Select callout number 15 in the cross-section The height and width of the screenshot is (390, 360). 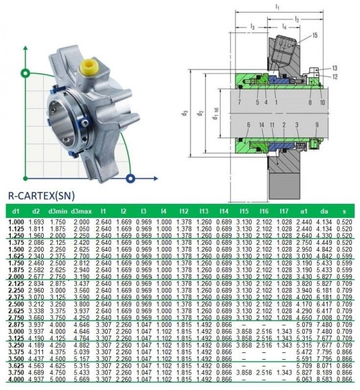[x=315, y=35]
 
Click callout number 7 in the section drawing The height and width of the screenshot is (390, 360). [x=239, y=103]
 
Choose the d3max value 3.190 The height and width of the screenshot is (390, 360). [x=81, y=276]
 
